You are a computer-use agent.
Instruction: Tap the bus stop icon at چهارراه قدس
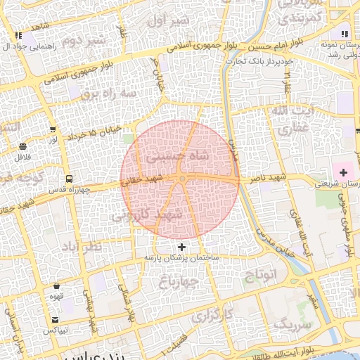pyautogui.click(x=69, y=179)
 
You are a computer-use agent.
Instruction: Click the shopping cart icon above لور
pyautogui.click(x=53, y=129)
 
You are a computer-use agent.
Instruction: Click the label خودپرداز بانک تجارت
pyautogui.click(x=258, y=62)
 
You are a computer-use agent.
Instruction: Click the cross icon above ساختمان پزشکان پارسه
pyautogui.click(x=182, y=247)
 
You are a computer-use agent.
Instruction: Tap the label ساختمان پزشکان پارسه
pyautogui.click(x=183, y=258)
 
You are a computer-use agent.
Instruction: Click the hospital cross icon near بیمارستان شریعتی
pyautogui.click(x=344, y=172)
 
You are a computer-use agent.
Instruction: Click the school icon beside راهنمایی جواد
pyautogui.click(x=18, y=34)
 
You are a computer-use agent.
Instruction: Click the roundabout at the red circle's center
pyautogui.click(x=181, y=180)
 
